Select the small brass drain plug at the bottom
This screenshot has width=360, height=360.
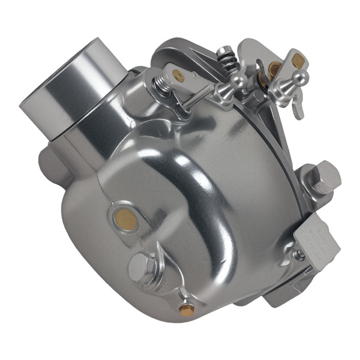[x=187, y=310]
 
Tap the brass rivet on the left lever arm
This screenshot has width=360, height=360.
[x=178, y=74]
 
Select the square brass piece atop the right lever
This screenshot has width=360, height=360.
[x=298, y=59]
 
